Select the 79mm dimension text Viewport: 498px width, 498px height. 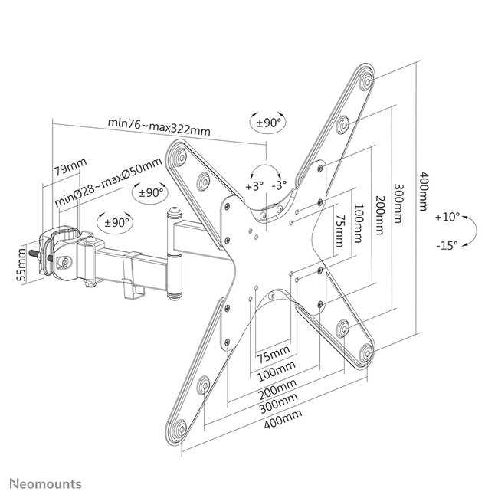point(70,165)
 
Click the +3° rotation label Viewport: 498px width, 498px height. point(254,186)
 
